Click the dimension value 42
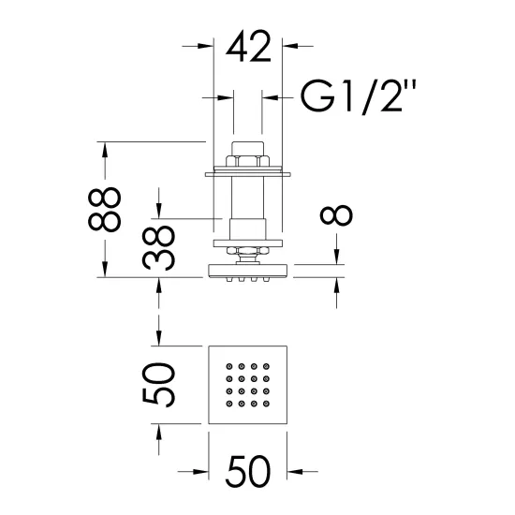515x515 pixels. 249,46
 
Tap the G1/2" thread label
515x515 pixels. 359,96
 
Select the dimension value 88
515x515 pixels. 105,209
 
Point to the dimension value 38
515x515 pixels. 158,247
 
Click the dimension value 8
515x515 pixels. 336,215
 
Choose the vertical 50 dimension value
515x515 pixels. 158,385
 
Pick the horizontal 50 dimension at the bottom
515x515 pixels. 248,472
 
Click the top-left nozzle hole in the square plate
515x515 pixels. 229,366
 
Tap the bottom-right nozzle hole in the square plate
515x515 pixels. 266,404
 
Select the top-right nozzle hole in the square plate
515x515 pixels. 266,366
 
